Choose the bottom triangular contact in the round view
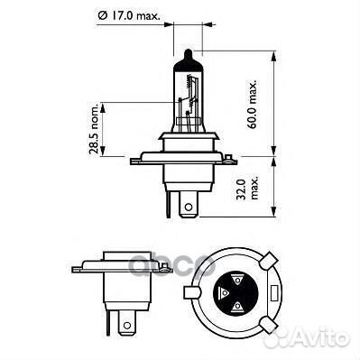[237, 308]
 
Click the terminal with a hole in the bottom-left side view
[125, 320]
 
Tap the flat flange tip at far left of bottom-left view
[74, 269]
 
